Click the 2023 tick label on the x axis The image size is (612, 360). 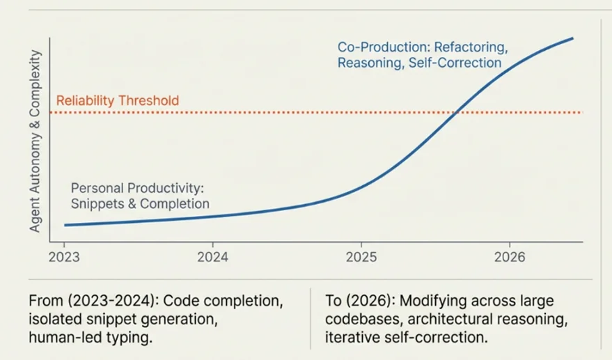click(64, 257)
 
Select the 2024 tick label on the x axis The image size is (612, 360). click(213, 257)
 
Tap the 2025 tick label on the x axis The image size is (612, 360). click(361, 257)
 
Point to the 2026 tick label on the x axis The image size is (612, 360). click(508, 257)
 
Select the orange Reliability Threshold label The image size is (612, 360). click(117, 101)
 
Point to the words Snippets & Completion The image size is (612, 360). click(139, 204)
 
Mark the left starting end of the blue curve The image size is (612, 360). click(65, 225)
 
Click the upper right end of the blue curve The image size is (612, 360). click(572, 38)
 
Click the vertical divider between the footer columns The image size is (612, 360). click(310, 319)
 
